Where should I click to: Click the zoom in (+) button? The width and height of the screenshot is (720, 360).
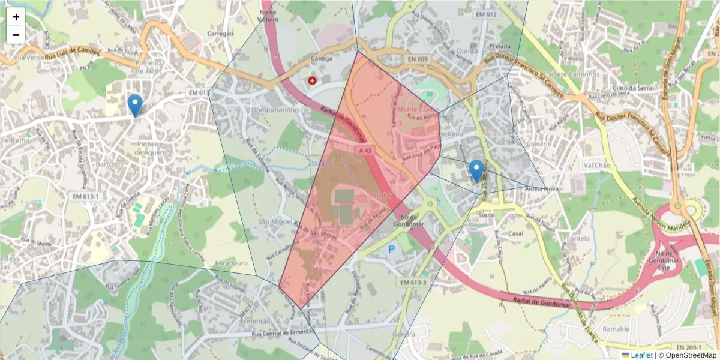click(16, 17)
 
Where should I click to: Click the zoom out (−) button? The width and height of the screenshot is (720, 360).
click(16, 35)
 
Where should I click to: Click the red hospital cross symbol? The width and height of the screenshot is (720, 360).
click(312, 80)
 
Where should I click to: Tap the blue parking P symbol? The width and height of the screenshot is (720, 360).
click(392, 249)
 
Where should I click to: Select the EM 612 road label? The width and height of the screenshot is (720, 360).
click(486, 14)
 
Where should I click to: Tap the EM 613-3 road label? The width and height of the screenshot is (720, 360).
click(411, 282)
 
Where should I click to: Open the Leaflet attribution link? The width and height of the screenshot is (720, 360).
click(641, 355)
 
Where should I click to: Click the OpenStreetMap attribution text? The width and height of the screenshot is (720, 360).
click(691, 355)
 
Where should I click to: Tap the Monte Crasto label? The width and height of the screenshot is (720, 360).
click(415, 110)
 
